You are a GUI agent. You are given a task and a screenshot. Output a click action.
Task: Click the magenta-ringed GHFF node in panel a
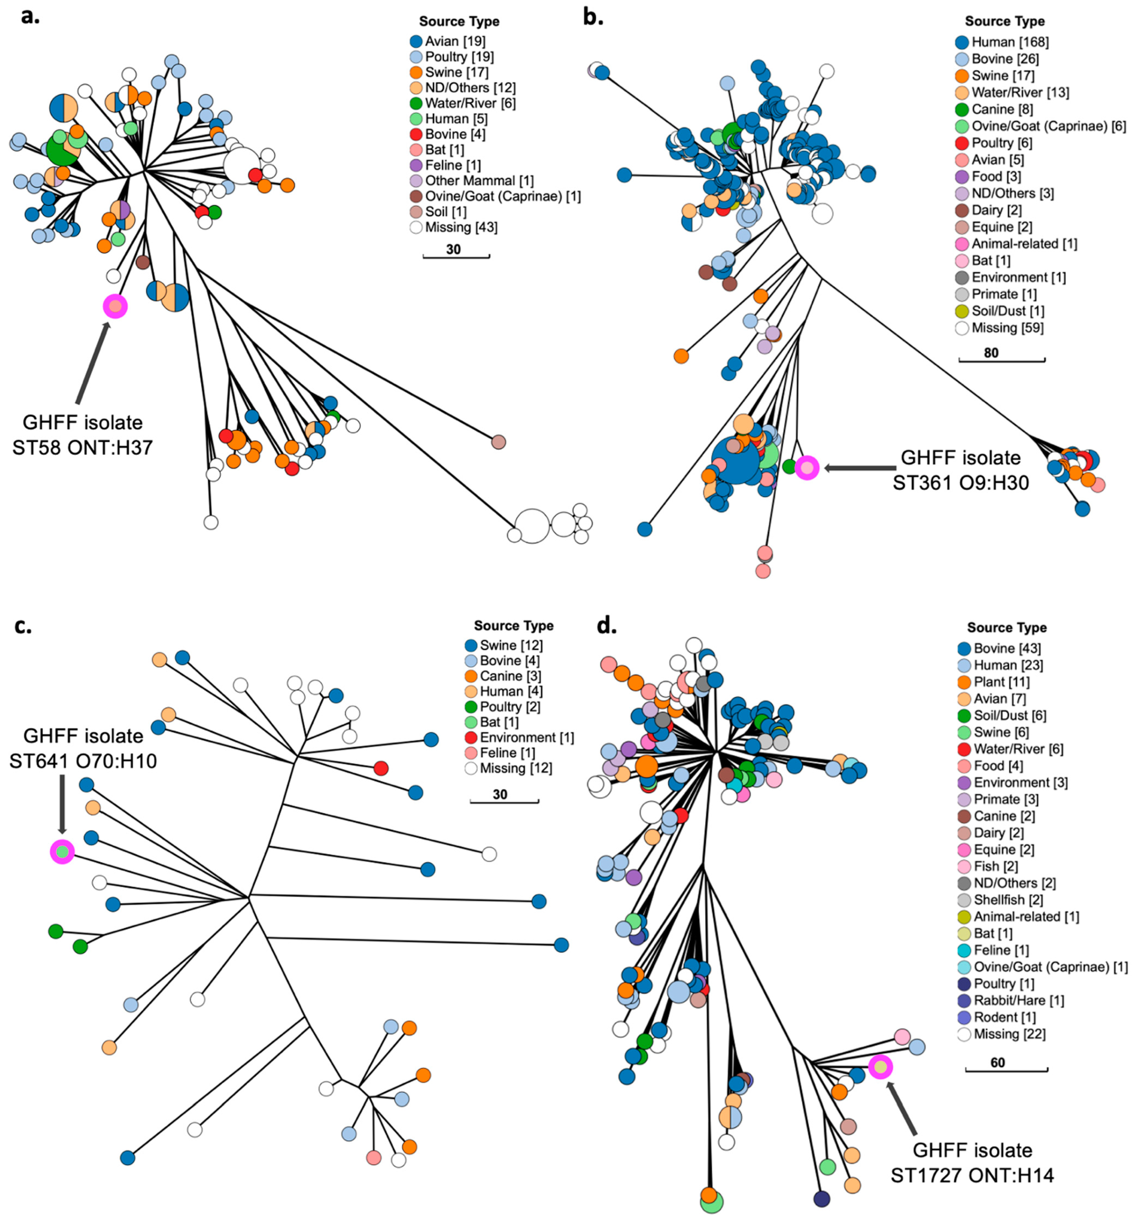click(115, 306)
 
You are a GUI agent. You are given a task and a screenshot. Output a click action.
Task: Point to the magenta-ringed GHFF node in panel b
click(806, 468)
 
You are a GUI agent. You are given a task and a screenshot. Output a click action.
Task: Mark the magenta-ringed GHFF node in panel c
click(62, 852)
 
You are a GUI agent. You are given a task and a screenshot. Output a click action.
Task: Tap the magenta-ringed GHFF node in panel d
click(880, 1067)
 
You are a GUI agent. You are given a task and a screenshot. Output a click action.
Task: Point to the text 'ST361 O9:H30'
click(960, 483)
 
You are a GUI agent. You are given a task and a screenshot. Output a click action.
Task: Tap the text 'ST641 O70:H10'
click(83, 762)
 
